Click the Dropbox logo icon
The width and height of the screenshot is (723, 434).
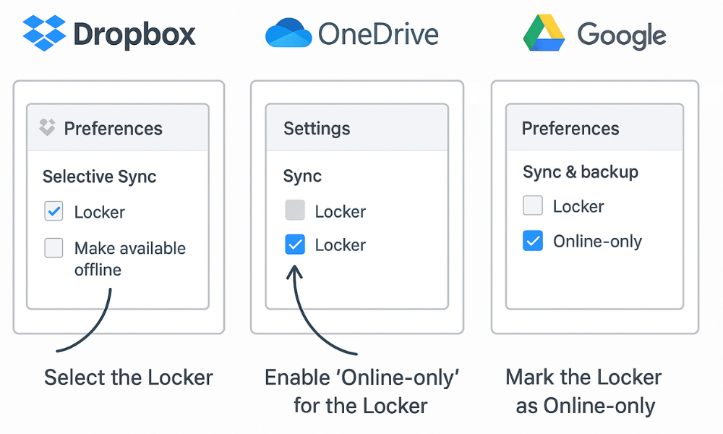pos(44,33)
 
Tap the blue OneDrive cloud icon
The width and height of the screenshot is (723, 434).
pos(288,34)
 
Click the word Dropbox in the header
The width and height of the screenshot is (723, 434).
pos(134,35)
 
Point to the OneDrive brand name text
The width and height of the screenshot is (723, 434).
pos(378,35)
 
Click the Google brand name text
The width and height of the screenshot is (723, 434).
pos(621,35)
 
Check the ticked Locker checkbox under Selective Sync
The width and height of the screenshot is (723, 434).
pos(54,212)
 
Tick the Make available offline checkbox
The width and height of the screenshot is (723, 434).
pos(54,248)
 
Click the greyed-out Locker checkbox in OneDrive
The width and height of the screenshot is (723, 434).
pos(295,211)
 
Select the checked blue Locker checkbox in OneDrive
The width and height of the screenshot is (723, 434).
pos(295,245)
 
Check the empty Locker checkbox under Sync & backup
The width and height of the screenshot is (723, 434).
pos(533,206)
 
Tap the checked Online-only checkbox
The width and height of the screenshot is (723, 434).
pos(533,241)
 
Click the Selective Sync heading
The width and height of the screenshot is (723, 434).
pos(99,176)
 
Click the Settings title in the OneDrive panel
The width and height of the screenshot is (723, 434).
pos(317,129)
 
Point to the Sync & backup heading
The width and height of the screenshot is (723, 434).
pos(581,172)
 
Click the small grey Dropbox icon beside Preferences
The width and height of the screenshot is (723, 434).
pos(47,128)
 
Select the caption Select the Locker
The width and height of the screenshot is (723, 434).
pos(129,377)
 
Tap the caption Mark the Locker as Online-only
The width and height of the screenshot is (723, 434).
pos(584,391)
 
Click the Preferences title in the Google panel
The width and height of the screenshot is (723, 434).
pos(570,129)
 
